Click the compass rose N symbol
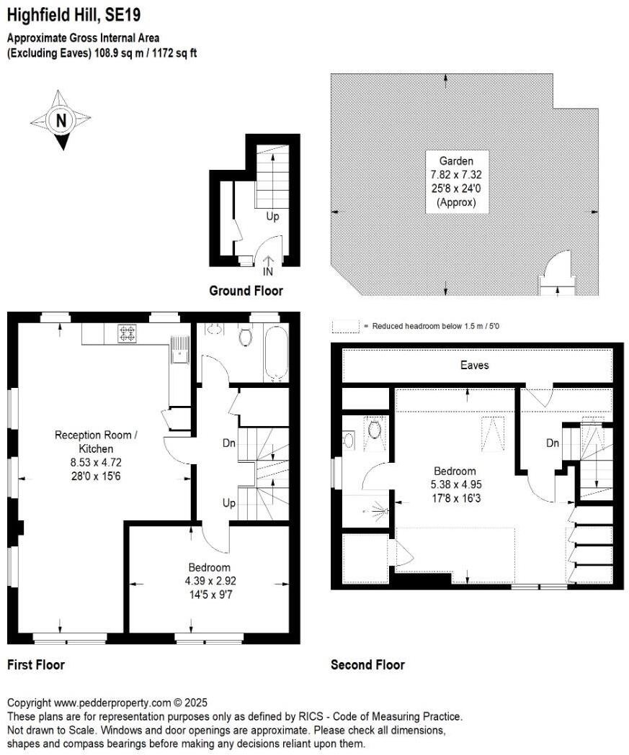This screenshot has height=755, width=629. click(x=61, y=120)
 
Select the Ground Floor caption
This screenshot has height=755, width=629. click(x=246, y=291)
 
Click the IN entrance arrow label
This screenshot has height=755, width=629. click(x=267, y=272)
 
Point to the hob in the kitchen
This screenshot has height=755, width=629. click(x=128, y=333)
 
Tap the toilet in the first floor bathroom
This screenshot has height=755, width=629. click(x=245, y=336)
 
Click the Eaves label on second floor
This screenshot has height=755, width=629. click(x=474, y=365)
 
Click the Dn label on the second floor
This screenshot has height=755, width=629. click(x=553, y=443)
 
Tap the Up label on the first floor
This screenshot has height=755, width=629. click(x=229, y=503)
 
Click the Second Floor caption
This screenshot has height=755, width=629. click(x=367, y=665)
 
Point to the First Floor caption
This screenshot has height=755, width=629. click(x=36, y=665)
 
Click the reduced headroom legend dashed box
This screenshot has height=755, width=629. click(x=345, y=326)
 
